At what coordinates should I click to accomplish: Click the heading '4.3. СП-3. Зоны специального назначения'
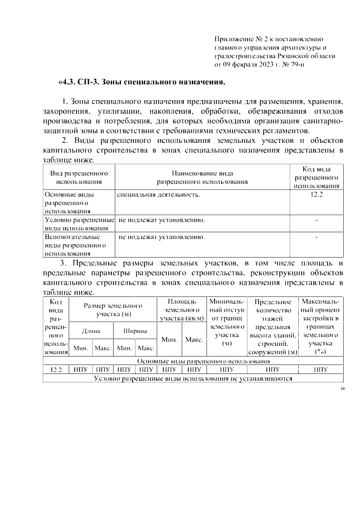[142, 82]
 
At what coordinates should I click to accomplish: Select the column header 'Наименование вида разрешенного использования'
[202, 177]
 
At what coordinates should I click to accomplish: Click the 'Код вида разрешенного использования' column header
[316, 177]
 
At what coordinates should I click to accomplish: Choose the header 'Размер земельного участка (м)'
[112, 309]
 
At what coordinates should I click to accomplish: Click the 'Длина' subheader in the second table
[91, 331]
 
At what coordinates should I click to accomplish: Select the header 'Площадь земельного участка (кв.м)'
[182, 310]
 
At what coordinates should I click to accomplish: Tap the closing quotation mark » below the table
[341, 389]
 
